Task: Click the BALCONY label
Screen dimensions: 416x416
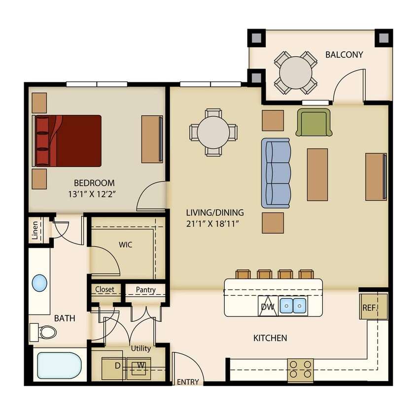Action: click(x=344, y=54)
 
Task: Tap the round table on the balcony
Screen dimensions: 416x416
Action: click(x=295, y=72)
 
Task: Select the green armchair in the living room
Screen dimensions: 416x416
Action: click(x=313, y=123)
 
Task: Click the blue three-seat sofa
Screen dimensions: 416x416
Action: click(x=276, y=173)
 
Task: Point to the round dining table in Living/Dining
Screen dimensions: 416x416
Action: click(x=213, y=132)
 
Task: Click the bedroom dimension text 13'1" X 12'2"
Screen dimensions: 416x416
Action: click(x=94, y=194)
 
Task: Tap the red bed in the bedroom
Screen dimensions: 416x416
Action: click(x=69, y=141)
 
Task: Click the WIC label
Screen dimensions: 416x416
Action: click(x=125, y=244)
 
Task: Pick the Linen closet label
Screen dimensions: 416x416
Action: click(x=35, y=231)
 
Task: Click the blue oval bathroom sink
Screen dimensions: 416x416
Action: click(x=39, y=283)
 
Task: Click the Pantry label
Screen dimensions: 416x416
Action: click(x=145, y=290)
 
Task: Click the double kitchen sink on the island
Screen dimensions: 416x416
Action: click(x=293, y=306)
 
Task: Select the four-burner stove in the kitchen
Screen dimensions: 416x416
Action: click(x=300, y=368)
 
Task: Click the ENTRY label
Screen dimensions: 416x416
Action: click(x=188, y=381)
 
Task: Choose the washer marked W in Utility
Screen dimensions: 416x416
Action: click(x=140, y=366)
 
